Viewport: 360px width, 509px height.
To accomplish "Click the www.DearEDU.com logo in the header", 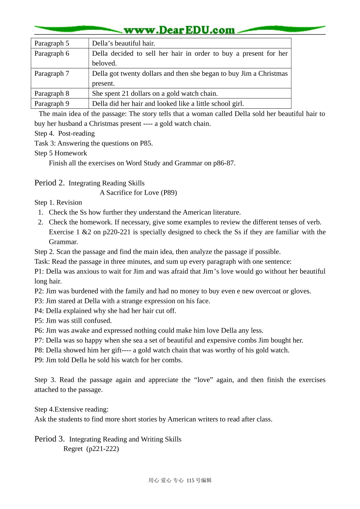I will pos(179,30).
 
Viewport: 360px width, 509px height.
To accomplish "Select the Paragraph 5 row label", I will pos(52,44).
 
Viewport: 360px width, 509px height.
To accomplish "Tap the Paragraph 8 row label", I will pos(52,94).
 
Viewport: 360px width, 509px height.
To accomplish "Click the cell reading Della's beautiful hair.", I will pos(124,44).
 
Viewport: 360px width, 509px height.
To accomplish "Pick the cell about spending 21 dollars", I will pos(155,94).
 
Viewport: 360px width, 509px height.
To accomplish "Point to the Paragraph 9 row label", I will pos(52,104).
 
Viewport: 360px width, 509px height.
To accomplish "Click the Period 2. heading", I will pos(50,183).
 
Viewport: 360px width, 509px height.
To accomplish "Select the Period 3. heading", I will pos(50,439).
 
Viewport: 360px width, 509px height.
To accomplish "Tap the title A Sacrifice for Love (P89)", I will pos(138,193).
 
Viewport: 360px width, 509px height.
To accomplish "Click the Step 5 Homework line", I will pos(61,153).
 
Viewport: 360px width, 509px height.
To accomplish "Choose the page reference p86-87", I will pos(224,163).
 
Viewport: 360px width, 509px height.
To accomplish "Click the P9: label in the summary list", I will pos(39,360).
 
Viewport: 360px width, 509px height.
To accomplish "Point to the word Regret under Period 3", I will pos(73,449).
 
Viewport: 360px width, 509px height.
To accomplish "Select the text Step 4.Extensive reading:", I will pos(72,409).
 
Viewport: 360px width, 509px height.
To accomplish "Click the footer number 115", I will pos(190,481).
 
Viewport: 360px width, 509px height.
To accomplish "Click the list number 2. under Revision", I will pos(41,222).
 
